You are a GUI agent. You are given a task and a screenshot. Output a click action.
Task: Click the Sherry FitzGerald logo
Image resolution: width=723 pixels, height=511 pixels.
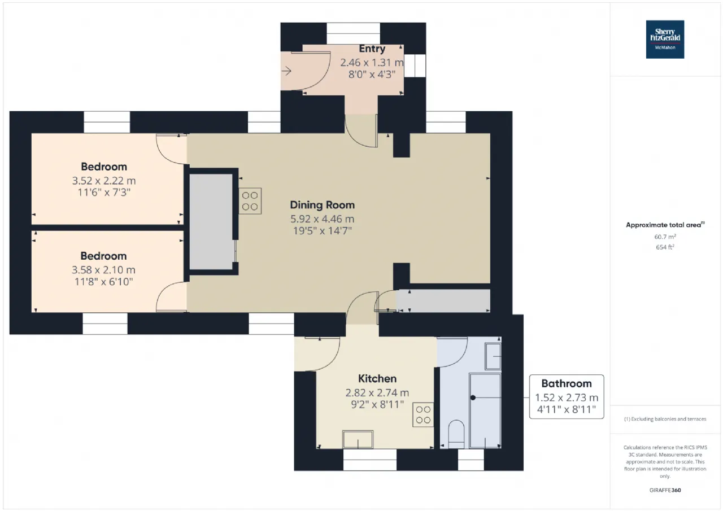(665, 40)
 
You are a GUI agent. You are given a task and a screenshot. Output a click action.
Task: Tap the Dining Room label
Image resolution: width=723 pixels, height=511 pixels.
(322, 205)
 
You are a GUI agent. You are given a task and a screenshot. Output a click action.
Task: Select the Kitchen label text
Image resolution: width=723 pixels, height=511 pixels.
(377, 378)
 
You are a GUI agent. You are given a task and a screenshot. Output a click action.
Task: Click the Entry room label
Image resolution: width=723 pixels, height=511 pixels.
(372, 49)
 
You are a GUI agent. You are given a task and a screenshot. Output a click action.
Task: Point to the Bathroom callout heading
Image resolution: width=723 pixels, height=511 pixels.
(567, 383)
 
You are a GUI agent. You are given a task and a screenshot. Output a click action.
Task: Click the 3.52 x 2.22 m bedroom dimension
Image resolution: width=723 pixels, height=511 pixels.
(103, 181)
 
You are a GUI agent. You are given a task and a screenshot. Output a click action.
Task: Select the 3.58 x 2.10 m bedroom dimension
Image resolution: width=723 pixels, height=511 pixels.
(103, 270)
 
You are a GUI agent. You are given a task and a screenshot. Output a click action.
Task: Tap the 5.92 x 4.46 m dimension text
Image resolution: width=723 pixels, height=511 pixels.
(322, 219)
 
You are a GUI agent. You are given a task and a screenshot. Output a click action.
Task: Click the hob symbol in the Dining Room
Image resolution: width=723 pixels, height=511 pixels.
(250, 201)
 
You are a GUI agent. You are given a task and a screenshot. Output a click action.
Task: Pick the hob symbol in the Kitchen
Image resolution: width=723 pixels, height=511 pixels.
(423, 415)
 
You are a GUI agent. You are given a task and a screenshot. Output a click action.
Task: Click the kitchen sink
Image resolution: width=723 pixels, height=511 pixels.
(358, 439)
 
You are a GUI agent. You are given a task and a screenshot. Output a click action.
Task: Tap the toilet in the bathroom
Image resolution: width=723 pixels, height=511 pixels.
(456, 434)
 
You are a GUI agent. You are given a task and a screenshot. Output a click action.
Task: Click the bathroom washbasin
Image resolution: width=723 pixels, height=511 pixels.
(493, 356)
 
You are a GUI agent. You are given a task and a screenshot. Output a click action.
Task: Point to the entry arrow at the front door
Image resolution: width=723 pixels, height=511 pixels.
(286, 71)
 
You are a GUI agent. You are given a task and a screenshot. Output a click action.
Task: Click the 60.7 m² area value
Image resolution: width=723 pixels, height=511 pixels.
(665, 237)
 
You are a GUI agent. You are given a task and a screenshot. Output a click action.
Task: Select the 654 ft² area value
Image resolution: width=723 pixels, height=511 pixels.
(665, 247)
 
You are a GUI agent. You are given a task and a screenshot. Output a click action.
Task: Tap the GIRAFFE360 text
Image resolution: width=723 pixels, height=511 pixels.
(665, 490)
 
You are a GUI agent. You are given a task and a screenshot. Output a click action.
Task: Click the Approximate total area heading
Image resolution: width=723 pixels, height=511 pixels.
(665, 225)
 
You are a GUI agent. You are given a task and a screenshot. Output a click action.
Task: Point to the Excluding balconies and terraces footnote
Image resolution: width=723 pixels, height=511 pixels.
(665, 419)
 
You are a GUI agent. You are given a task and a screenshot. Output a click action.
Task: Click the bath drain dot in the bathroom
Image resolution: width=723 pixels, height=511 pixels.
(473, 398)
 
